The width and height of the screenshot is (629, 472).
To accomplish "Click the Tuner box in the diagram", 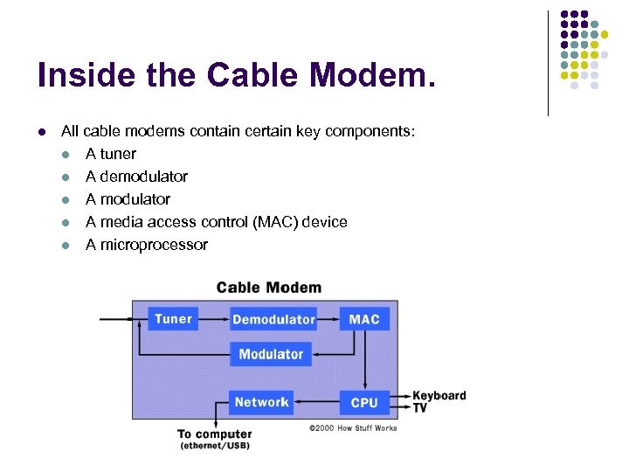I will [173, 319].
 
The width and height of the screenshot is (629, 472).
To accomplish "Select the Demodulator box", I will [273, 319].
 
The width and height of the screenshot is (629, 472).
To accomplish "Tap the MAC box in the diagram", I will [363, 319].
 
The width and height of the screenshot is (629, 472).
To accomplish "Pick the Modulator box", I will [271, 354].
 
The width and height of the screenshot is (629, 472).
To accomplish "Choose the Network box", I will [261, 402].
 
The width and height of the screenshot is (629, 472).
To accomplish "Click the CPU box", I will [363, 402].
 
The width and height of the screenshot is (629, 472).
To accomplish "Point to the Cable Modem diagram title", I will [268, 288].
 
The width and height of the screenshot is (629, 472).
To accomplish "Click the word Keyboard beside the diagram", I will [439, 396].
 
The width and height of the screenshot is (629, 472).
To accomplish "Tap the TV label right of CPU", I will [420, 408].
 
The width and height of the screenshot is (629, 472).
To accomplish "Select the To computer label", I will [214, 434].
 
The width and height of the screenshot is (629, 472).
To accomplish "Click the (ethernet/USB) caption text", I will [214, 447].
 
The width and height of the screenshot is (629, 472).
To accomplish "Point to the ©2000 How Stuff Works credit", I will [352, 428].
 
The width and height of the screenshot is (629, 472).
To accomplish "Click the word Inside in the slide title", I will [84, 76].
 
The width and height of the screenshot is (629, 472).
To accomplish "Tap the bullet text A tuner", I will [111, 154].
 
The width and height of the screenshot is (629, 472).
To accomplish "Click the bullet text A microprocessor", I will [146, 245].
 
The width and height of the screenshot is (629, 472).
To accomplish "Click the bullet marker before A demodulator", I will [66, 177].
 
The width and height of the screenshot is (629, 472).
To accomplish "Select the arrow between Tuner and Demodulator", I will [215, 319].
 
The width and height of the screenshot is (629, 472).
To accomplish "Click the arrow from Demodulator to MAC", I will [328, 319].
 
